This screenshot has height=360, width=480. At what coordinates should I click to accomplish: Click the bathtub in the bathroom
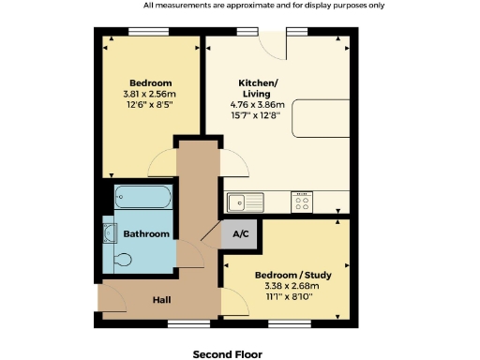[x=143, y=199]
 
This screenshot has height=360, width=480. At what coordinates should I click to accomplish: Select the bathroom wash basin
[x=109, y=232]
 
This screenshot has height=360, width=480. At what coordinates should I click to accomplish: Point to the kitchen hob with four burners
[x=302, y=201]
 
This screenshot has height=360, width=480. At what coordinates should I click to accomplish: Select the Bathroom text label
[x=146, y=233]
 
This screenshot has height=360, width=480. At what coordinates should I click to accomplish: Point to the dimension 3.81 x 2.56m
[x=149, y=94]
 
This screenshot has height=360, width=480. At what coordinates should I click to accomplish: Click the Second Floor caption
[x=228, y=353]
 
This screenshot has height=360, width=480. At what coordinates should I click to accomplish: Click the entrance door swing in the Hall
[x=112, y=298]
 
